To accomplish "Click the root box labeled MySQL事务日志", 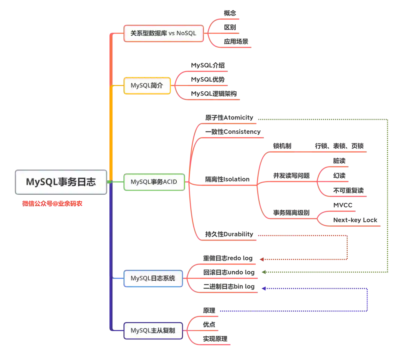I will (61, 182).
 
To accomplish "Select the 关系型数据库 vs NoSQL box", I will (164, 33).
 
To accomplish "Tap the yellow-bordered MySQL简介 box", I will (147, 85).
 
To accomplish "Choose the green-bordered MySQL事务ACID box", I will (154, 182).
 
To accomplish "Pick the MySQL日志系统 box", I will (153, 278).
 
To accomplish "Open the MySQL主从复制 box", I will (153, 331).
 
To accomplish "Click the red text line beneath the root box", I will (52, 203).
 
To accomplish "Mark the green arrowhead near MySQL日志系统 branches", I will (264, 272).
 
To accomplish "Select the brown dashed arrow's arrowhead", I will (261, 259).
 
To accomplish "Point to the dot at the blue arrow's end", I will (264, 289).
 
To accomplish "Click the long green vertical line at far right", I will (388, 195).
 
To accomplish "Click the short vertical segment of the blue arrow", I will (367, 300).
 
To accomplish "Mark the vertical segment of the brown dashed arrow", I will (347, 248).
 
